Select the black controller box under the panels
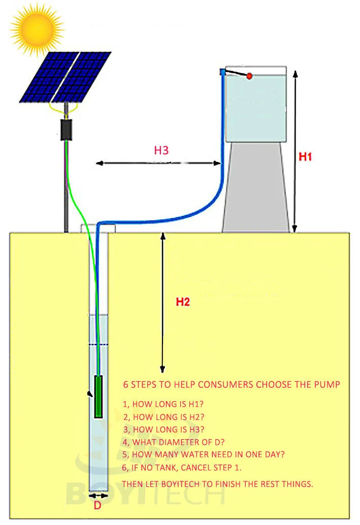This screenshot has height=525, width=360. (67, 130)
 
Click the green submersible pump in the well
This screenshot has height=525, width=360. (99, 397)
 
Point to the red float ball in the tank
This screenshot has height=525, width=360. (249, 76)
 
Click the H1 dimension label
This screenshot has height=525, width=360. (305, 157)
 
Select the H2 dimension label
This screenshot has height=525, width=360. (183, 302)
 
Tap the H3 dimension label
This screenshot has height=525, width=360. (161, 150)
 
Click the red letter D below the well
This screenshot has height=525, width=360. (97, 506)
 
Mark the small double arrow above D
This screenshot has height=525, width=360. (98, 496)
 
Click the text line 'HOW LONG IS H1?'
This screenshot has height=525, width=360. (163, 404)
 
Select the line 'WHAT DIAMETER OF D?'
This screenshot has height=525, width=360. (174, 442)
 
